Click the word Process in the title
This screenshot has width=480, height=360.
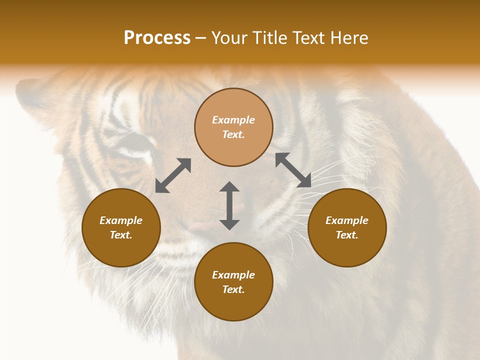157,38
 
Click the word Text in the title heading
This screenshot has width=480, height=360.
308,38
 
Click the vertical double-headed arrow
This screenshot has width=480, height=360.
229,205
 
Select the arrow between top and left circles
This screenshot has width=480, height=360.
173,175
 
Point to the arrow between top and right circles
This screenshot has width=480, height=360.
293,170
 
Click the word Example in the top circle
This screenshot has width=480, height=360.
233,120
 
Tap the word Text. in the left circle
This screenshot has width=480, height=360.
121,235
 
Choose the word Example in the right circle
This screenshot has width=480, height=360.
347,220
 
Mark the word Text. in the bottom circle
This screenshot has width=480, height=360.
233,289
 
